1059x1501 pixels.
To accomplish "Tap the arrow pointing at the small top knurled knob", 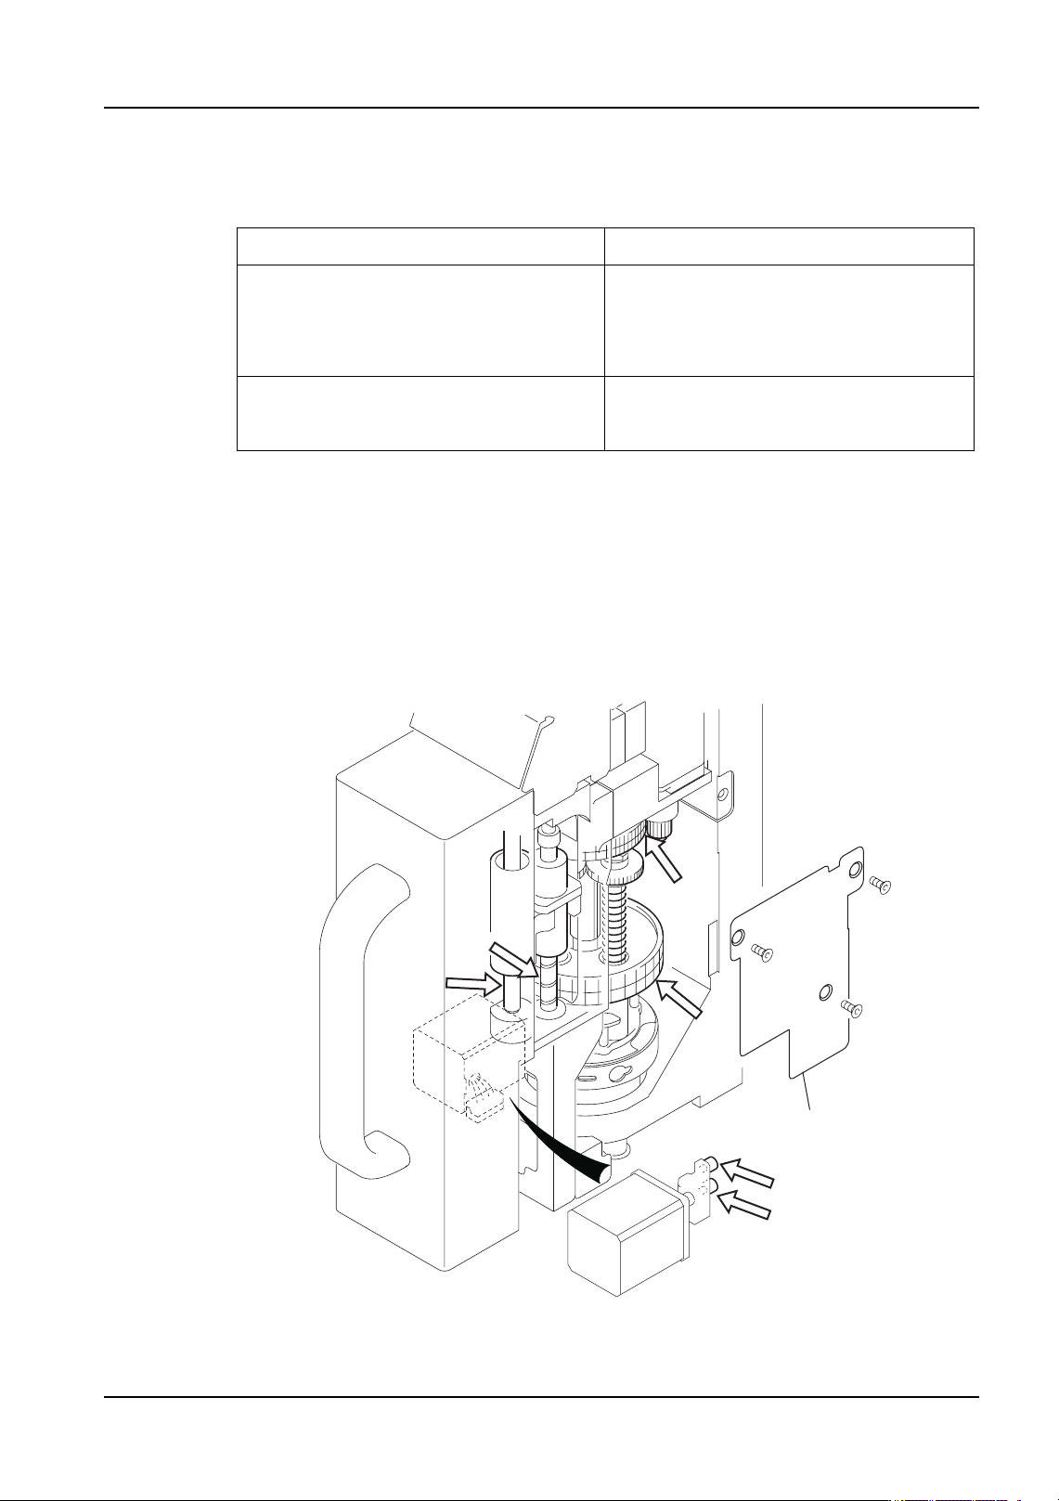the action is click(x=667, y=859).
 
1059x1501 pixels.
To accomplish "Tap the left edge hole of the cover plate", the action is click(x=737, y=940).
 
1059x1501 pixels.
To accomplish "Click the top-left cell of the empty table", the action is click(x=420, y=246).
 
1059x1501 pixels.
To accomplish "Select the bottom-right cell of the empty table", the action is click(x=789, y=413).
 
